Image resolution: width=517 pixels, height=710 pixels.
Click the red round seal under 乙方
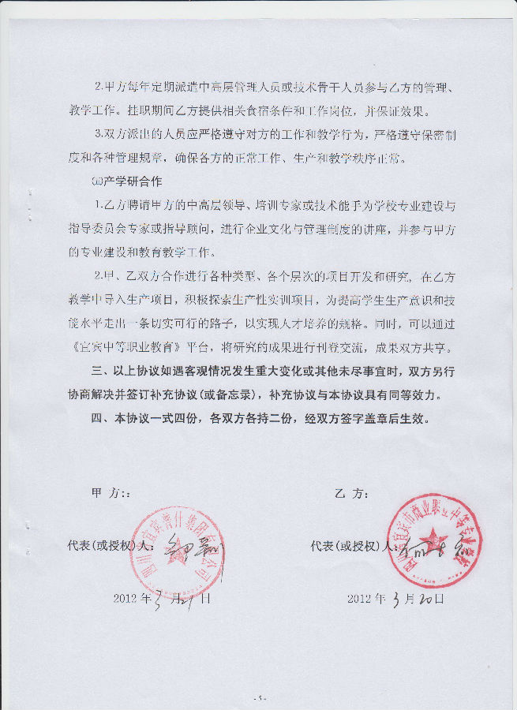pyautogui.click(x=429, y=541)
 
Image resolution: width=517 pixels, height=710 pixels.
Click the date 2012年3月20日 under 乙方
pyautogui.click(x=396, y=598)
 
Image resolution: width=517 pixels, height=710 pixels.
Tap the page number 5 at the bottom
pyautogui.click(x=258, y=698)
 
